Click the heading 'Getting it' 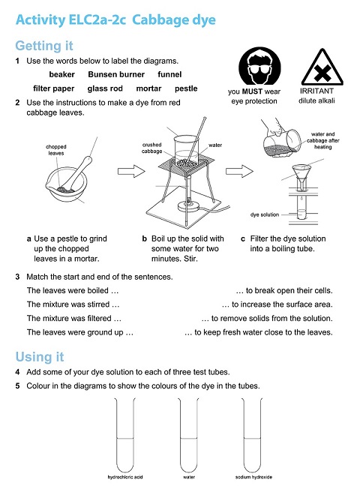coord(47,46)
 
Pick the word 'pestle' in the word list coord(184,88)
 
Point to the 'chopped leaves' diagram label coord(56,150)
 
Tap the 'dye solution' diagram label coord(265,214)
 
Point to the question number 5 coord(17,386)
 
